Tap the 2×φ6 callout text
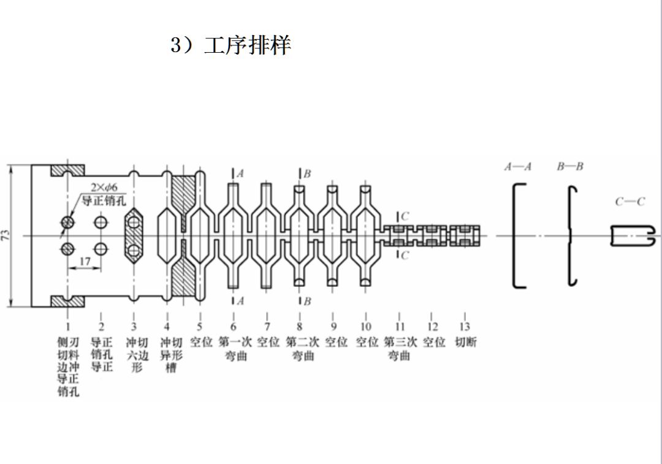(x=104, y=187)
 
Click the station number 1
(x=68, y=327)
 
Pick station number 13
(x=465, y=327)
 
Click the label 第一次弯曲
(x=233, y=348)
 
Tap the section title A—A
(x=518, y=167)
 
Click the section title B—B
(x=570, y=167)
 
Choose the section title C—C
(x=630, y=202)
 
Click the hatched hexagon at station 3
(x=134, y=236)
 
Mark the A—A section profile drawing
(x=519, y=235)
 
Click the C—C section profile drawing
(x=632, y=235)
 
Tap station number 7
(x=267, y=327)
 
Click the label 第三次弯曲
(x=400, y=348)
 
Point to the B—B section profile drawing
(x=573, y=235)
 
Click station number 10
(x=366, y=327)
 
